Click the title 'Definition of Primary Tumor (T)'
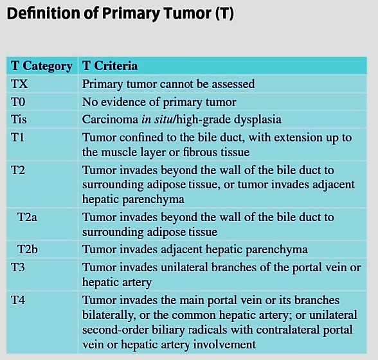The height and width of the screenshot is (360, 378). click(x=120, y=14)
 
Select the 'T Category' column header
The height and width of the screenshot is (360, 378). click(x=41, y=66)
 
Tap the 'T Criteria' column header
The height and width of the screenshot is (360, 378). click(x=110, y=66)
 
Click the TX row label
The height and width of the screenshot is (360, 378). click(x=19, y=84)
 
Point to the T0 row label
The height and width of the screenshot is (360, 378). click(x=18, y=102)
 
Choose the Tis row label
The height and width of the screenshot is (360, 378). click(x=19, y=119)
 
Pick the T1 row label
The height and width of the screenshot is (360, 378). click(x=17, y=138)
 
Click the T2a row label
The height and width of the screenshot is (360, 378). click(x=27, y=217)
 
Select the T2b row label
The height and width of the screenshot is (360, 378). click(x=28, y=249)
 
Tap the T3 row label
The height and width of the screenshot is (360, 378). click(x=18, y=267)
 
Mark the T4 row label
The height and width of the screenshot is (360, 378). click(x=18, y=300)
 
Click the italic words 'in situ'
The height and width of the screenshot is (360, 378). click(x=157, y=119)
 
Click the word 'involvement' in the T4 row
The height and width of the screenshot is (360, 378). click(x=224, y=345)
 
